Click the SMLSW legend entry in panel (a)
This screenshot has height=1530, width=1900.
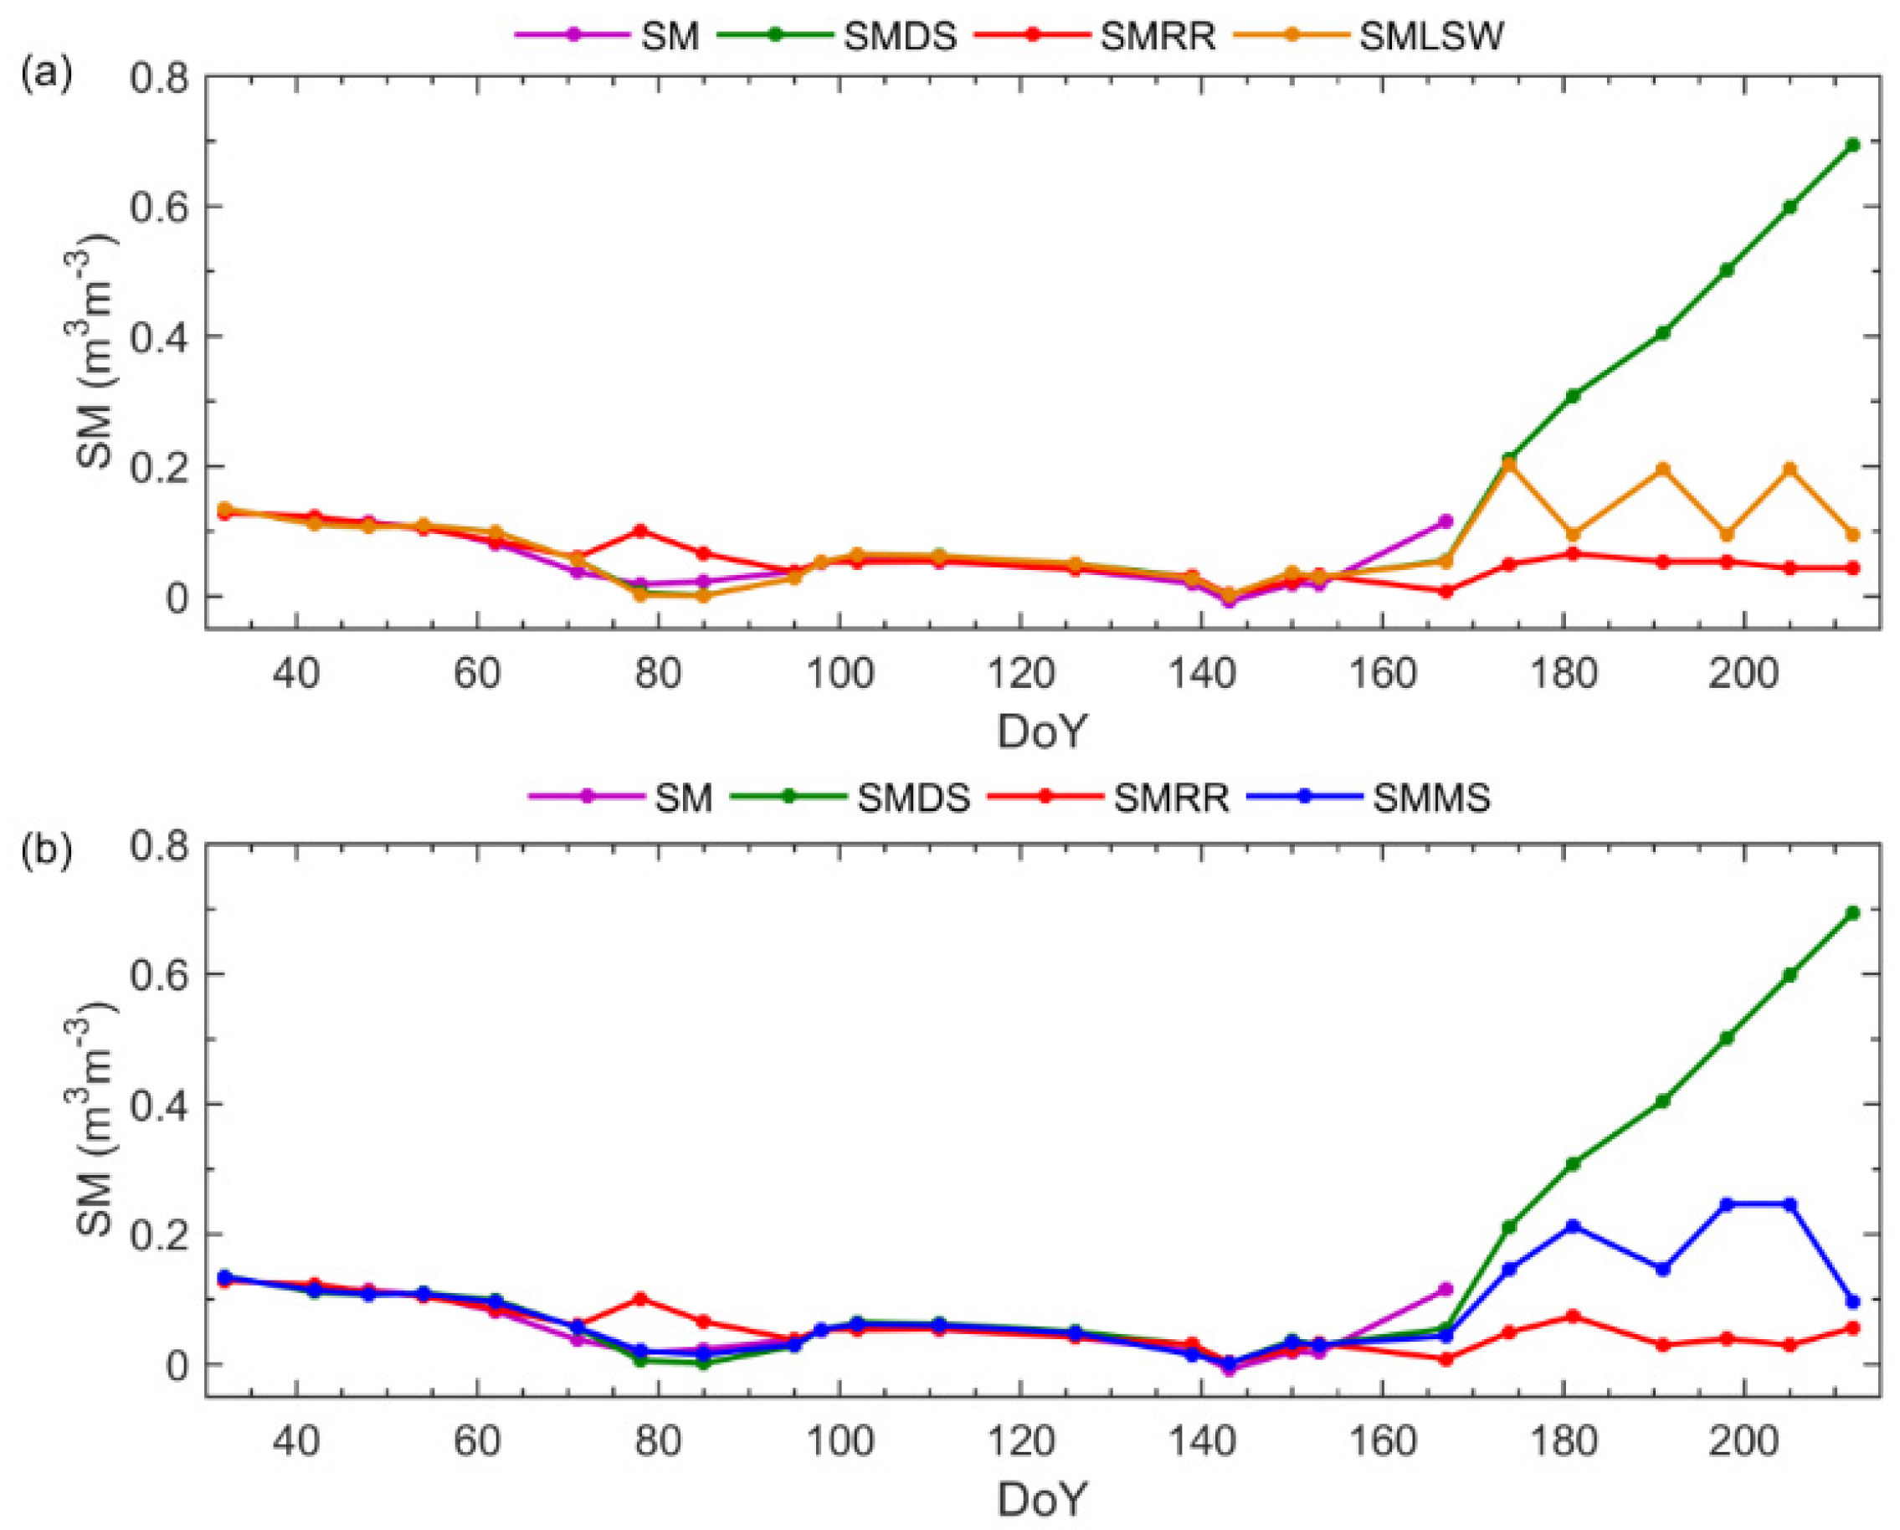[x=1431, y=37]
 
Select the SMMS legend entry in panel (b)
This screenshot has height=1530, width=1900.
[x=1432, y=797]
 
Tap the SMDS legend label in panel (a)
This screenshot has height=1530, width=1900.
[x=900, y=37]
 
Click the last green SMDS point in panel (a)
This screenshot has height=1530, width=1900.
[x=1852, y=145]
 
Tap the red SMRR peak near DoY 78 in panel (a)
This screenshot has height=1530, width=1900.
[x=640, y=531]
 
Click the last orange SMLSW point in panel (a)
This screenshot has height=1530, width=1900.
[x=1852, y=535]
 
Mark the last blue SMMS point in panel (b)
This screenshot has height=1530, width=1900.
[x=1852, y=1302]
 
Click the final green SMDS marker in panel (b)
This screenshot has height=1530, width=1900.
[x=1852, y=913]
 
